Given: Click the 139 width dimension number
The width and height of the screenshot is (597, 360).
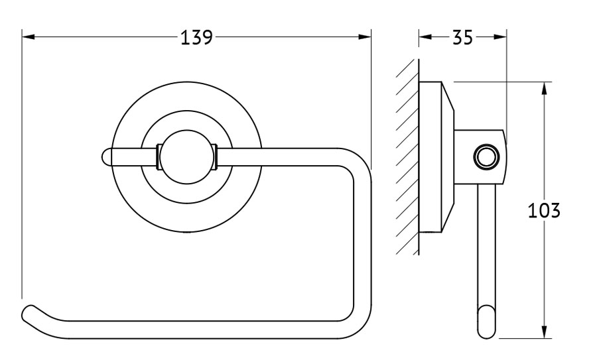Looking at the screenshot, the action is (196, 37).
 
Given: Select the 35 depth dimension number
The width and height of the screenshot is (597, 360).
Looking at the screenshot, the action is (462, 37).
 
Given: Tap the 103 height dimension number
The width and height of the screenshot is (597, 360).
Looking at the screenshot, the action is (545, 210).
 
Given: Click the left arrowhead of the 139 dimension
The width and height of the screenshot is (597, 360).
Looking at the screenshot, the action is (29, 37).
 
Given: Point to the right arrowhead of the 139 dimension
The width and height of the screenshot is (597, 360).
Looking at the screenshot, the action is (364, 37).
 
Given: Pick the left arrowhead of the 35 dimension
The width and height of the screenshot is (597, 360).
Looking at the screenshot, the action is (425, 37).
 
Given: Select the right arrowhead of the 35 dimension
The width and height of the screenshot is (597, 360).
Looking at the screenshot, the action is (500, 37).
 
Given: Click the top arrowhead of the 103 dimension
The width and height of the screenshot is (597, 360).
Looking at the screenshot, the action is (545, 88).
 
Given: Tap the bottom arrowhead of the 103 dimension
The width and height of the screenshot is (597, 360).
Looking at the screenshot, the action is (545, 331).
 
